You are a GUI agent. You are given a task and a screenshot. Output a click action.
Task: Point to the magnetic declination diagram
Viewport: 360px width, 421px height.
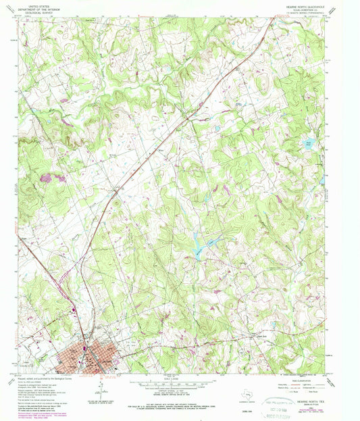[x=100, y=387]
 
